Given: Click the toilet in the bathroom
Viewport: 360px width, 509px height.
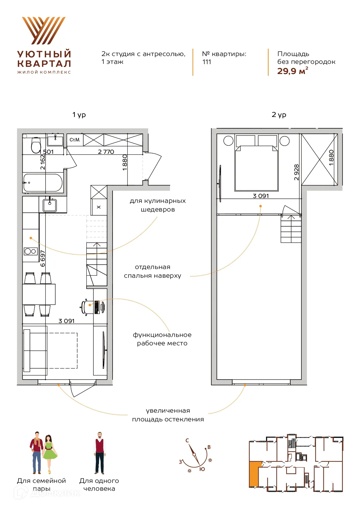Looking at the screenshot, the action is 36,145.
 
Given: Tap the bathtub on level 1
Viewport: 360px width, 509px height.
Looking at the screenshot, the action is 43,183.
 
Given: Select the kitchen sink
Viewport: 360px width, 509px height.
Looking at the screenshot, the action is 50,205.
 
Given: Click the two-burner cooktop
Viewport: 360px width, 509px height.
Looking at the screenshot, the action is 30,251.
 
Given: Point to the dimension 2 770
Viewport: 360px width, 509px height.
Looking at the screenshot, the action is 106,152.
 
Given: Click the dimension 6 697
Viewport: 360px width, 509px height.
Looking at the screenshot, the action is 43,258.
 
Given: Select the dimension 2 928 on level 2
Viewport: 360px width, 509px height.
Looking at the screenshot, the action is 296,172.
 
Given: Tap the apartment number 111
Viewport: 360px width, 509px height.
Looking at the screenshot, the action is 207,62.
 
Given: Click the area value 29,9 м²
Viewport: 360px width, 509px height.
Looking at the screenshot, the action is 292,71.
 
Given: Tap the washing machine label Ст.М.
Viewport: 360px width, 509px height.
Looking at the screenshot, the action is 75,140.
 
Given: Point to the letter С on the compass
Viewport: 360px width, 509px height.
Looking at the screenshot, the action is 187,441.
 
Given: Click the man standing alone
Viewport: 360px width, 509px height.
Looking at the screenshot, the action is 100,453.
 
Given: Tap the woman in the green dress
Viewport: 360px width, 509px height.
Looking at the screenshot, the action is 49,454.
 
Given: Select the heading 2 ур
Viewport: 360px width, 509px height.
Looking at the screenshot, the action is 279,115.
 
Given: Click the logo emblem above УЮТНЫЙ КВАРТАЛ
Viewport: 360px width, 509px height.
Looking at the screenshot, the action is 44,30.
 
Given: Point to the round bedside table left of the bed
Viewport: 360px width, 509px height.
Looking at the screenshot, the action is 228,141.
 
